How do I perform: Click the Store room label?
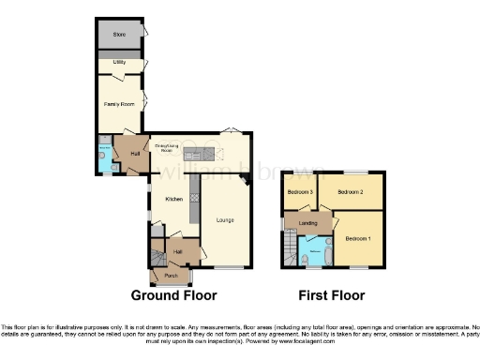pyautogui.click(x=119, y=35)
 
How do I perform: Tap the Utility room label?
pyautogui.click(x=119, y=62)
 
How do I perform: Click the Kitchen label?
pyautogui.click(x=174, y=199)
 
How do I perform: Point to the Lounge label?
pyautogui.click(x=225, y=220)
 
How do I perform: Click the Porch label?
pyautogui.click(x=172, y=276)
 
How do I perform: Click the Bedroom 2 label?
pyautogui.click(x=350, y=192)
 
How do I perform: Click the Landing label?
pyautogui.click(x=307, y=223)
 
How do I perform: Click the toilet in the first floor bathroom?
pyautogui.click(x=307, y=260)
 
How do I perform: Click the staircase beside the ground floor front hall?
pyautogui.click(x=156, y=254)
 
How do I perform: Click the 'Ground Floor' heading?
pyautogui.click(x=173, y=295)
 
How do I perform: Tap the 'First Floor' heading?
pyautogui.click(x=331, y=295)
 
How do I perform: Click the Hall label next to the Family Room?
pyautogui.click(x=134, y=153)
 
